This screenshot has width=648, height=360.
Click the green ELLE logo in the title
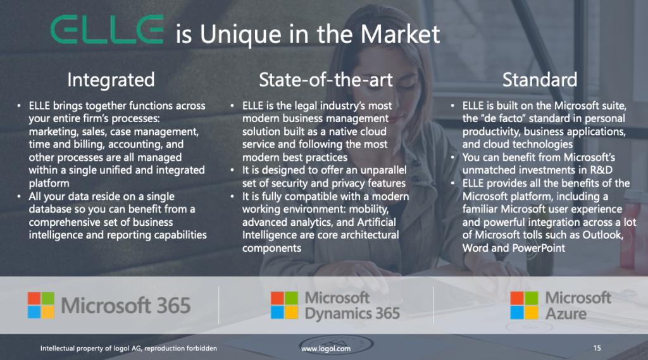(x=107, y=29)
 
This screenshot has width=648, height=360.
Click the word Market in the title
(x=400, y=34)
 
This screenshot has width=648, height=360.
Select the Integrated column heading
(x=111, y=80)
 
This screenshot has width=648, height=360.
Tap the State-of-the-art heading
(x=326, y=79)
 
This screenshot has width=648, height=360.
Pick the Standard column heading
(x=540, y=79)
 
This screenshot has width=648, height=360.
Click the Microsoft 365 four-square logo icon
(x=41, y=305)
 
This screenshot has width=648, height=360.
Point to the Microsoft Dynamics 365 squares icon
(x=284, y=305)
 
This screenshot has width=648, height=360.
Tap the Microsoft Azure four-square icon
(x=524, y=305)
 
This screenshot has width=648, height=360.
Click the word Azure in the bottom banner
(x=566, y=314)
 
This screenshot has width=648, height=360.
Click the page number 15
(x=597, y=348)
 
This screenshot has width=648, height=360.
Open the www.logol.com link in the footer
(x=326, y=349)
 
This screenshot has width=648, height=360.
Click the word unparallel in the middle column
(x=383, y=170)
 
